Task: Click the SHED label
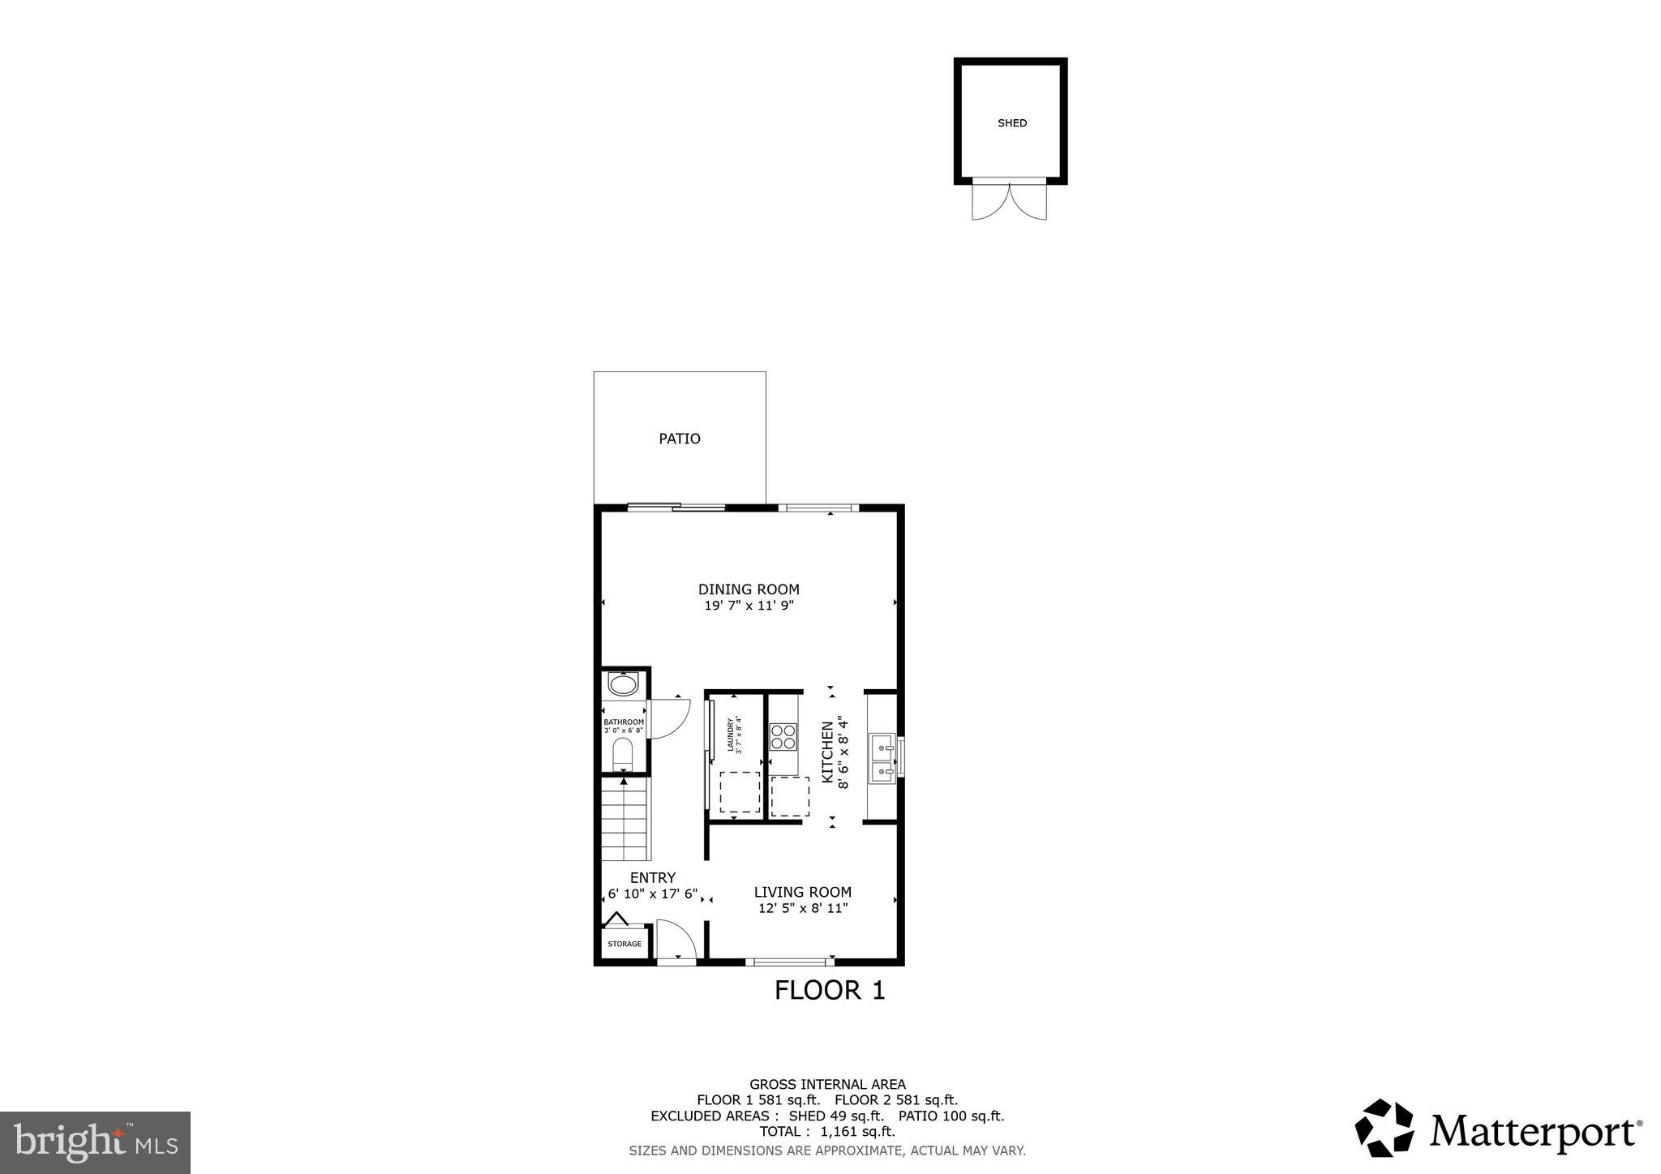point(1011,123)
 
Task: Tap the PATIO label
point(679,439)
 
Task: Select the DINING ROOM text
point(749,589)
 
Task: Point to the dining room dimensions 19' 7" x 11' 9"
point(749,606)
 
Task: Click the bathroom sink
point(624,685)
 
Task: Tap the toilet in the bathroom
point(623,755)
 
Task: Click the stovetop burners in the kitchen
point(783,736)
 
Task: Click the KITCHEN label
point(827,752)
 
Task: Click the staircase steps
point(625,819)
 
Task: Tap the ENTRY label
point(653,877)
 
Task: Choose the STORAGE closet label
point(624,944)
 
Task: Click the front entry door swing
point(675,940)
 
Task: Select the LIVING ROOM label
point(802,892)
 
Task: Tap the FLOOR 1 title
point(829,990)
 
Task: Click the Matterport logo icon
point(1384,1128)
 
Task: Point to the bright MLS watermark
point(96,1142)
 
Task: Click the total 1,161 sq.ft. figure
point(856,1131)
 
